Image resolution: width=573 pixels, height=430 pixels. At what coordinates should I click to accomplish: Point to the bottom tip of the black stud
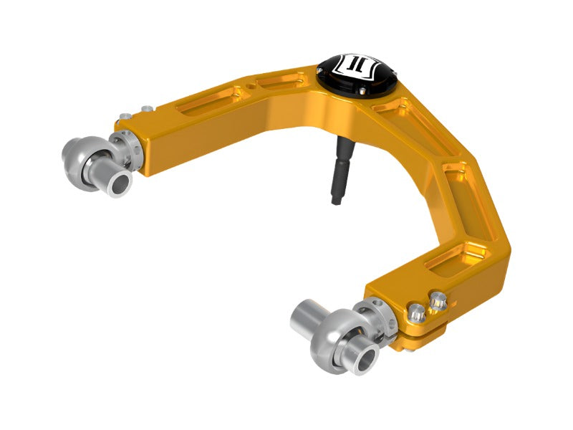[336, 201]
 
